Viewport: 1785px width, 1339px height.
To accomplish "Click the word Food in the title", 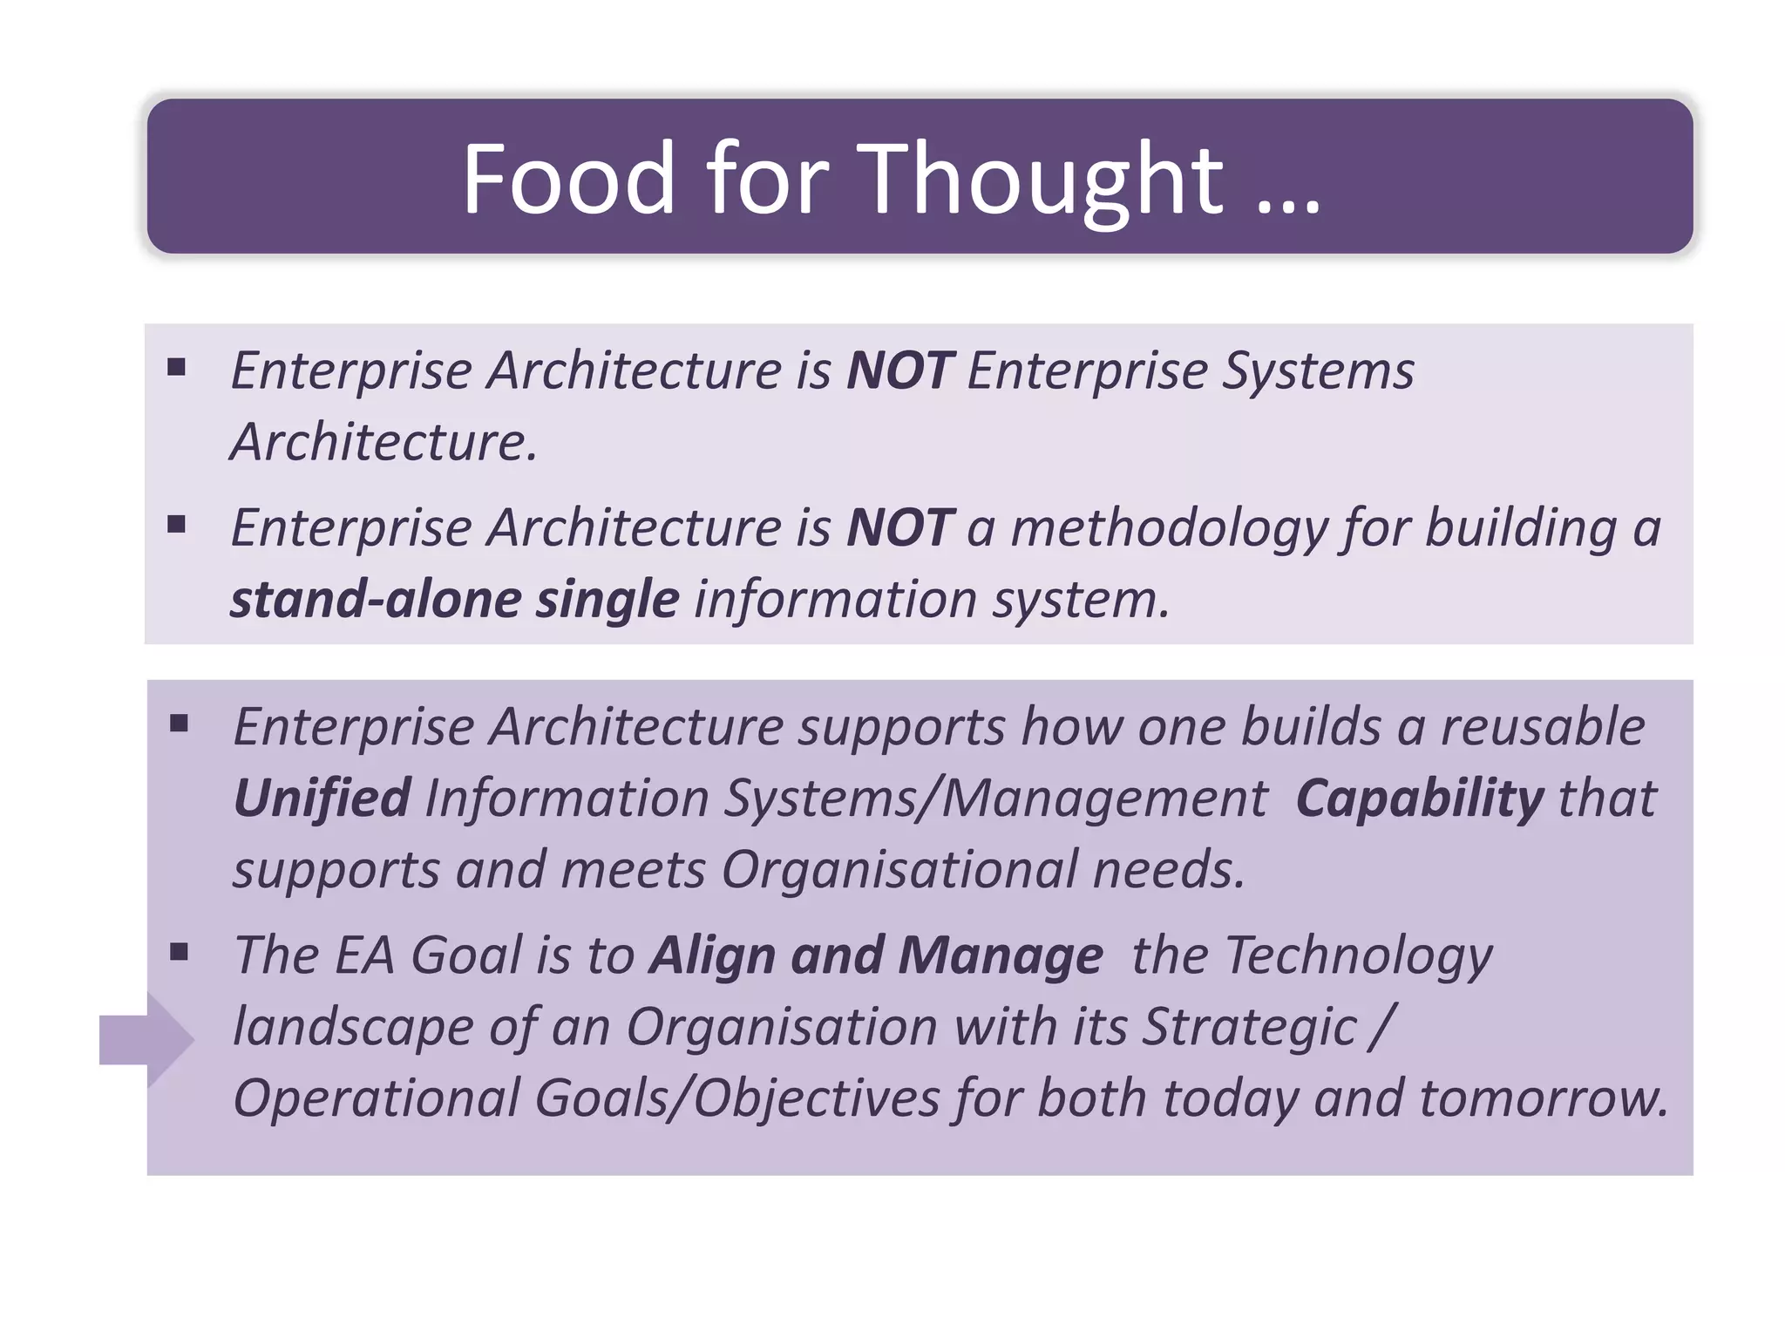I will coord(568,179).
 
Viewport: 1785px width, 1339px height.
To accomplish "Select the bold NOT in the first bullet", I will coord(900,370).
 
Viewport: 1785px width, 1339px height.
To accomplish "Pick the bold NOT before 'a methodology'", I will coord(900,528).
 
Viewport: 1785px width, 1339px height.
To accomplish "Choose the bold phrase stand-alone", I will coord(375,600).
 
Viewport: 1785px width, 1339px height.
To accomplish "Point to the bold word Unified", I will coord(322,799).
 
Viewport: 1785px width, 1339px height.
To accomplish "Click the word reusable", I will coord(1542,727).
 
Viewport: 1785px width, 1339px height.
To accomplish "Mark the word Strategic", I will coord(1249,1028).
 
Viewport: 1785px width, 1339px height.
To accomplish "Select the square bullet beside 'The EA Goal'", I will coord(180,951).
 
